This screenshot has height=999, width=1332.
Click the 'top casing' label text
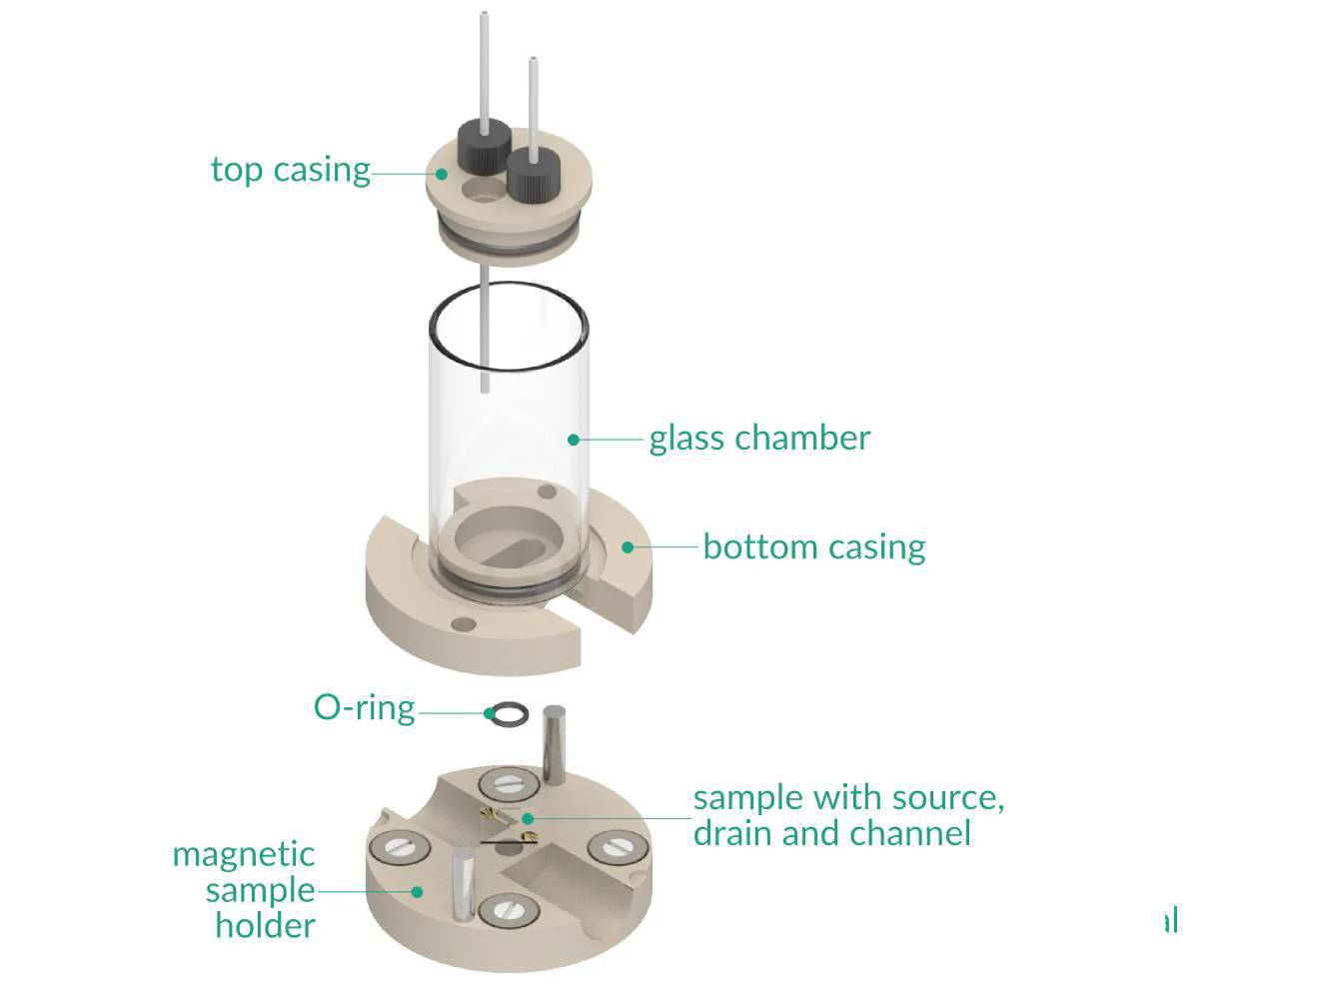click(x=290, y=169)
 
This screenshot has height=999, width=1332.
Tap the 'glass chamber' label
click(x=759, y=438)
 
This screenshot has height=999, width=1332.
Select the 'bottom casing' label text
click(x=813, y=546)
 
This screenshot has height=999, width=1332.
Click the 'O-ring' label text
click(x=364, y=707)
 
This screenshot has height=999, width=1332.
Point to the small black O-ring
click(x=509, y=713)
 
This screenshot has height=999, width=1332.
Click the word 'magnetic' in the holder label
click(x=243, y=854)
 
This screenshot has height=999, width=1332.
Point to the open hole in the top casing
click(x=484, y=190)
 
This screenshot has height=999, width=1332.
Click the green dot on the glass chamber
click(x=574, y=439)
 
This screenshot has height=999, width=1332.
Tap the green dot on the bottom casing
click(x=628, y=547)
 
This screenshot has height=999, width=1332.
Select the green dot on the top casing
click(x=442, y=174)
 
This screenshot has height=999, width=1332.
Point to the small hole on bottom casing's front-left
click(x=463, y=624)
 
